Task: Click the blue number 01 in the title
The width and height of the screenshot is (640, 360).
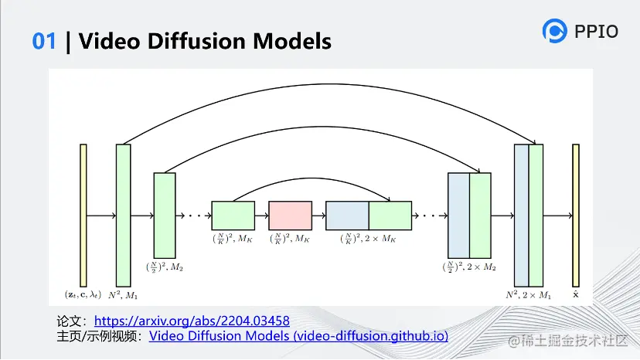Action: tap(44, 41)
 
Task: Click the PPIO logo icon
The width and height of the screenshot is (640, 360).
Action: tap(555, 31)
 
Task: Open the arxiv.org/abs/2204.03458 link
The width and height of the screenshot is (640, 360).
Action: tap(192, 321)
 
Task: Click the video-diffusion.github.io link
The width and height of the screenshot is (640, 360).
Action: tap(298, 336)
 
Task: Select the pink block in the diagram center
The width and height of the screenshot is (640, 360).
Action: tap(290, 216)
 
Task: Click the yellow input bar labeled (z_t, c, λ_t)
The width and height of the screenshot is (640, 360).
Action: tap(83, 216)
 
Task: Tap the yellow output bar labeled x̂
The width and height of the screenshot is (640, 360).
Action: tap(576, 216)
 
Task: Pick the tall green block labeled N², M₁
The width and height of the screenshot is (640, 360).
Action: tap(123, 216)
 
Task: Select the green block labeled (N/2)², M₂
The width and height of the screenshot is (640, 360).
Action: tap(165, 216)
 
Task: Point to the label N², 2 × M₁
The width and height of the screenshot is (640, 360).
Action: tap(528, 294)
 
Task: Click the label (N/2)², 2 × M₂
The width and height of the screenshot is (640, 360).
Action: tap(469, 267)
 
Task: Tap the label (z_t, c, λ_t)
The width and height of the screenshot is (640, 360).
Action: tap(83, 294)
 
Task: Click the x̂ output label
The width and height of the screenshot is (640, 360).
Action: tap(576, 294)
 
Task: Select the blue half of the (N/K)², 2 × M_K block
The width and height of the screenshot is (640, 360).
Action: tap(347, 216)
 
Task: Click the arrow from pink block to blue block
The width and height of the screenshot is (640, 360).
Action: tap(318, 216)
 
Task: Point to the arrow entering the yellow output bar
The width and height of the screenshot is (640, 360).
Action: tap(557, 216)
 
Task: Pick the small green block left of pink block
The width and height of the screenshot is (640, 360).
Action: tap(233, 216)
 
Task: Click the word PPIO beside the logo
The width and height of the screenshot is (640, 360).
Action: tap(596, 32)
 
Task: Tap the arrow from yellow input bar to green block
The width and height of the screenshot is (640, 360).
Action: tap(101, 216)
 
